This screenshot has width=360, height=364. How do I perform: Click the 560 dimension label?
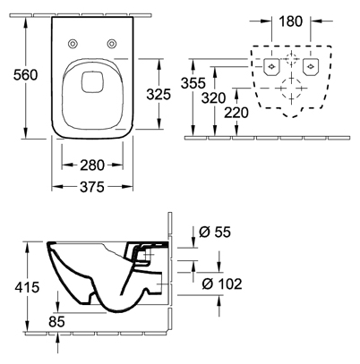tap(26, 74)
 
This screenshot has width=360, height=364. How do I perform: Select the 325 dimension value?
tap(159, 94)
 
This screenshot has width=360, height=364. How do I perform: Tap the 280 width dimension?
tap(92, 165)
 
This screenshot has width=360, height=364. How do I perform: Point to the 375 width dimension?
tap(92, 187)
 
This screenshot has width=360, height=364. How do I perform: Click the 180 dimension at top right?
tap(291, 21)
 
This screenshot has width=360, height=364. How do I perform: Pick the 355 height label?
tap(193, 83)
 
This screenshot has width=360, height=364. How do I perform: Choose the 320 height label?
tap(213, 97)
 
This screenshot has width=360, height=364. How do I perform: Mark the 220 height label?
tap(236, 113)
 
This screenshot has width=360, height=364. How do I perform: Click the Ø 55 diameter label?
tap(215, 232)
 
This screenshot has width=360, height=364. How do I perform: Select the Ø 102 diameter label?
tap(222, 284)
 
